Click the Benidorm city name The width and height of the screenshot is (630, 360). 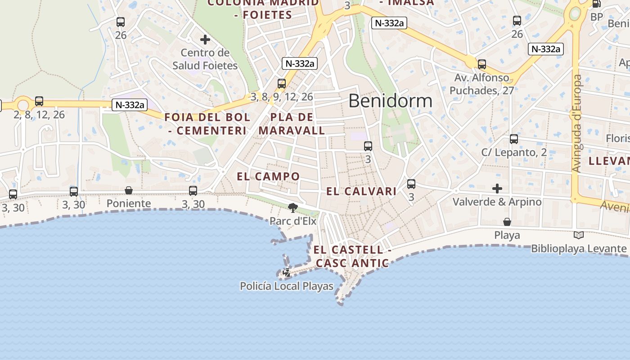[x=390, y=101]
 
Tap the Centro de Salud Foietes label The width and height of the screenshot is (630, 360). [x=205, y=59]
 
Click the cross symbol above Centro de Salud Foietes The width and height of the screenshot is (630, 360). [x=205, y=40]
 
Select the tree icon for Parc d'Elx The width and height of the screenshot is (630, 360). [x=293, y=207]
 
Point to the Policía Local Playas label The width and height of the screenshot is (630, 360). [x=287, y=286]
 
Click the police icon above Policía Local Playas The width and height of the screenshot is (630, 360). [x=286, y=272]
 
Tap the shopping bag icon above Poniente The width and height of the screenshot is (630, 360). [x=129, y=190]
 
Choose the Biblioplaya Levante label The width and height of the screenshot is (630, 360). [x=579, y=248]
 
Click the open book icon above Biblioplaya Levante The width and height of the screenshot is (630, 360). [x=579, y=235]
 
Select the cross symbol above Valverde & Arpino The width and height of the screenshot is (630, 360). [x=497, y=188]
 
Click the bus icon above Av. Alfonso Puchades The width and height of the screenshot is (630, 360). [x=482, y=64]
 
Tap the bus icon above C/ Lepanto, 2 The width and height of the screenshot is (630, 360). [x=514, y=139]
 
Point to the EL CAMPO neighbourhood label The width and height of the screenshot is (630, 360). [x=268, y=176]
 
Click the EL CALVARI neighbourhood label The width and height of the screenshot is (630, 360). [x=361, y=191]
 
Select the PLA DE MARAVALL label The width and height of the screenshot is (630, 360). [x=292, y=124]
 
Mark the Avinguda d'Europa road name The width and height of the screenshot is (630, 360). [x=577, y=123]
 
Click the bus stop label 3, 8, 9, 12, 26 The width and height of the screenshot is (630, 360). [x=282, y=97]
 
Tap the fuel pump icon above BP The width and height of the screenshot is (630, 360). [x=597, y=4]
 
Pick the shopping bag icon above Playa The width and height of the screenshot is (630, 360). [x=507, y=222]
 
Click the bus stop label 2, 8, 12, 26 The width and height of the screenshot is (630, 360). [x=39, y=115]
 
